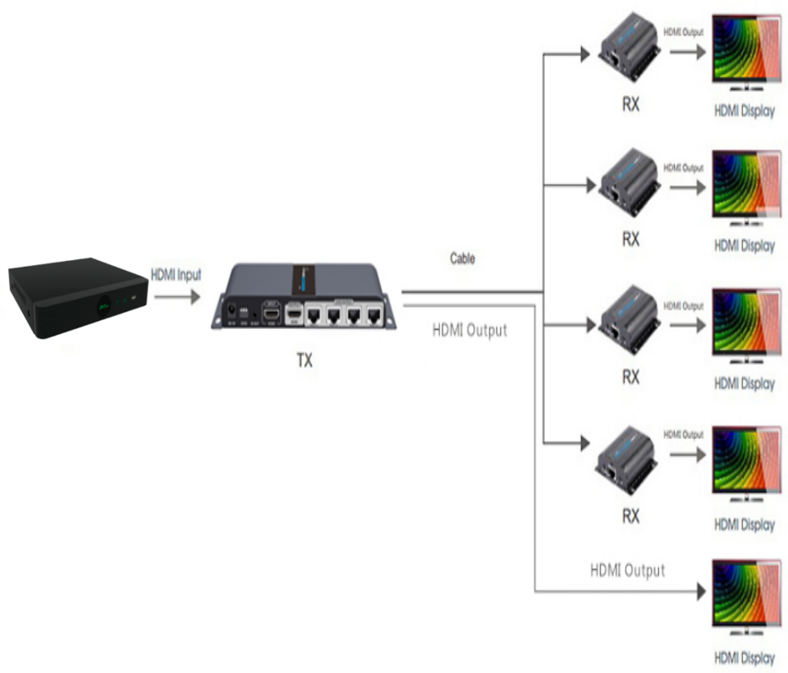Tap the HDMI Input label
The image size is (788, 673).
175,275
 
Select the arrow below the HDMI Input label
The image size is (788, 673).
176,297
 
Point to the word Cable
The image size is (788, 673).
462,259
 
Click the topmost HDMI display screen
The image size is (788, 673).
745,51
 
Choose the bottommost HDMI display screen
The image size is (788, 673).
745,595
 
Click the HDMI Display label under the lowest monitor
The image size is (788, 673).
744,657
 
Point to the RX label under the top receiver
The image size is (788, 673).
630,104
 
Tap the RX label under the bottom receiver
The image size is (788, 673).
630,517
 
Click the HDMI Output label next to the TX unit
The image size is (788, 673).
470,331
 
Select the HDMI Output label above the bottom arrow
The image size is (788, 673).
627,570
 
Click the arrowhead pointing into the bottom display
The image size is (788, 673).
701,591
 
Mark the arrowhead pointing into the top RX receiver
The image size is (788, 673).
584,54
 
